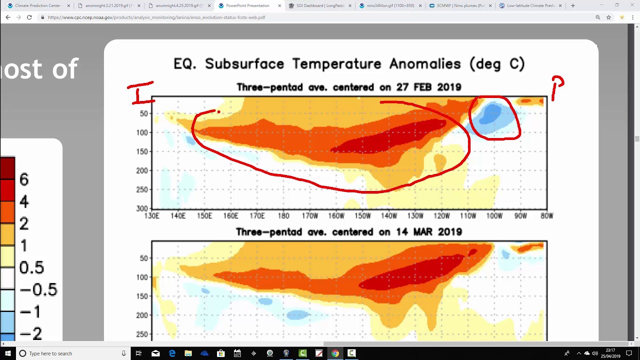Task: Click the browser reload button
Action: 29,17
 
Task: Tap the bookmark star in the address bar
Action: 608,17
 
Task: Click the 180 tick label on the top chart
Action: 283,216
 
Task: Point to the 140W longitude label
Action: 389,216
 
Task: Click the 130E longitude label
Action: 151,216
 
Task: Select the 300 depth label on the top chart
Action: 142,208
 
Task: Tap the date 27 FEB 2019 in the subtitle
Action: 428,87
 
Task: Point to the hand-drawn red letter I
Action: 141,93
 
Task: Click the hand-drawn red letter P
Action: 557,87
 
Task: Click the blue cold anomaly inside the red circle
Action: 491,116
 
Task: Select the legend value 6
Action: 23,179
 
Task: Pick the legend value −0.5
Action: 38,289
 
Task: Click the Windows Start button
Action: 8,353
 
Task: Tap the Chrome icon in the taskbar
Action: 335,353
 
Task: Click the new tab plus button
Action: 573,5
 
